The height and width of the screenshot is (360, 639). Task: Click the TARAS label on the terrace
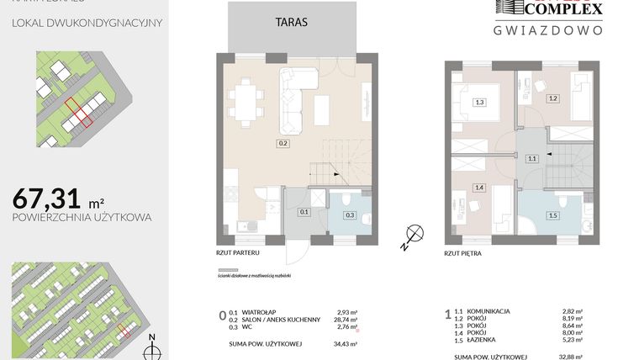291,24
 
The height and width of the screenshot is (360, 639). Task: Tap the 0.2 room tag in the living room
283,144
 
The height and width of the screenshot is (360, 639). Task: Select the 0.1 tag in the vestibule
304,212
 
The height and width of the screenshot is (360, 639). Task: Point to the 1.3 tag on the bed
479,103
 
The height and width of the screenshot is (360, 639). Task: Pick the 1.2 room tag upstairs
553,98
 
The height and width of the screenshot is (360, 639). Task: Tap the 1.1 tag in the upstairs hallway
531,158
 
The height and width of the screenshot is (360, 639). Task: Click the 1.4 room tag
479,188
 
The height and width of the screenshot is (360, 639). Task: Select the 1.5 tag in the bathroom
553,215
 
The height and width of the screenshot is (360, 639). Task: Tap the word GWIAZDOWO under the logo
547,29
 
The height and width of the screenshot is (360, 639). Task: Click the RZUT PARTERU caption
238,251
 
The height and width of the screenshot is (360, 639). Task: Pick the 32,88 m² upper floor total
574,344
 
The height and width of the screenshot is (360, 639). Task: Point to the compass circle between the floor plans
413,235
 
